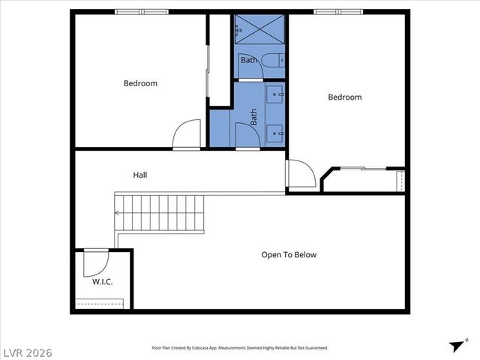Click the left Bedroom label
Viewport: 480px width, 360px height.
click(140, 83)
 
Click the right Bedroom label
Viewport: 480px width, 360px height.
click(345, 97)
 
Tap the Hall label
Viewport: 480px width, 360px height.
click(140, 175)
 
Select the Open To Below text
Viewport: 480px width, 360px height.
click(289, 255)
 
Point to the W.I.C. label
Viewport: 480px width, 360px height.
click(102, 282)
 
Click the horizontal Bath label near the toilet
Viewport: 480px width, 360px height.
click(248, 59)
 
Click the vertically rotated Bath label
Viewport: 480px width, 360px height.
click(253, 117)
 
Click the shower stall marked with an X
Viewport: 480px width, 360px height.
click(259, 31)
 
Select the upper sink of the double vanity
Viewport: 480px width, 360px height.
click(275, 95)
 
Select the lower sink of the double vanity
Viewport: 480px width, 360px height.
click(275, 133)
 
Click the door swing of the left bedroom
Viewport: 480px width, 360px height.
click(187, 135)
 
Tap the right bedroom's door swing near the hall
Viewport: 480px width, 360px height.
click(301, 173)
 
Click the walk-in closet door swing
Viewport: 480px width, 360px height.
click(94, 263)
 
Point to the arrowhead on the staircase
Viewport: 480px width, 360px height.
click(117, 212)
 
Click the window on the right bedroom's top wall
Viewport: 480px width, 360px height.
click(338, 11)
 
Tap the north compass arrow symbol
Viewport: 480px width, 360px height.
click(455, 346)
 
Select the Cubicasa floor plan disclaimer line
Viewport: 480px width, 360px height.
click(240, 348)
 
